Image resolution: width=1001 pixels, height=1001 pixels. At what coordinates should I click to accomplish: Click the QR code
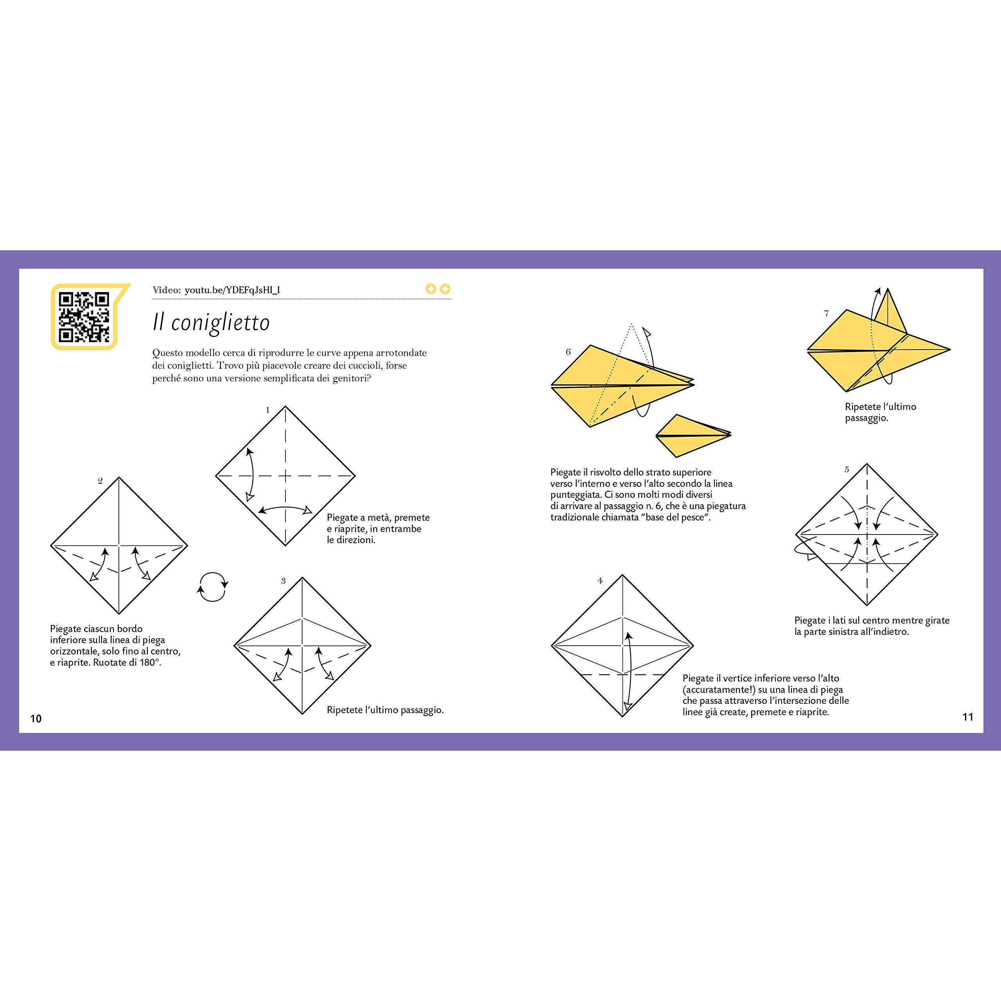coord(84,317)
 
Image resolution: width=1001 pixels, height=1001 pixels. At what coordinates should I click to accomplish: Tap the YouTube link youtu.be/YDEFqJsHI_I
coord(232,290)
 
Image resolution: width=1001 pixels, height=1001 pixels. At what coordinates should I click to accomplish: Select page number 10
coord(36,718)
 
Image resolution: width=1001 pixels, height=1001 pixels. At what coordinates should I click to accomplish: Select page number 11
coord(968,717)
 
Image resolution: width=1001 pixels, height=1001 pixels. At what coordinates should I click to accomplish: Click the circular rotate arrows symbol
coord(212,587)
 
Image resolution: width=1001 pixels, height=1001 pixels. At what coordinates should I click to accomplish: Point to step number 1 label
coord(268,410)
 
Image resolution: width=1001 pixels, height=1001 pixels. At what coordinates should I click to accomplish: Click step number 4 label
coord(600,580)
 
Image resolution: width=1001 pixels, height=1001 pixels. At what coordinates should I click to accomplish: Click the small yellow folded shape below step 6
coord(693,435)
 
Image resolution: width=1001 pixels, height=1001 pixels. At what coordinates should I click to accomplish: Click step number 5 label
coord(847,469)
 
